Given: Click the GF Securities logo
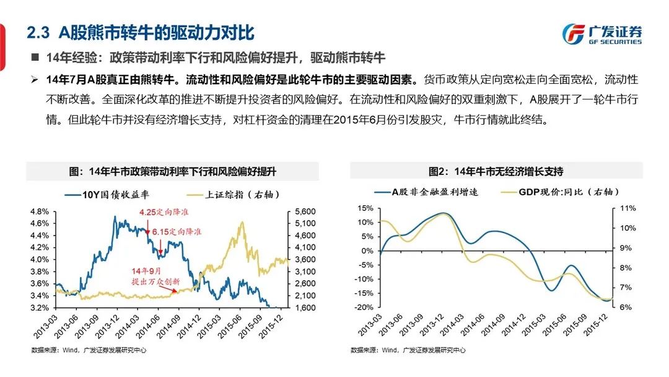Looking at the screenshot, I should [601, 34].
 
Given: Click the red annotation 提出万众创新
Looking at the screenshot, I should [157, 281].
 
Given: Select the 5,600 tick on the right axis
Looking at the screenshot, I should [302, 211].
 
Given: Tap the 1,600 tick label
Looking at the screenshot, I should [302, 308].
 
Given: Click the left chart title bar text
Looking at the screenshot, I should [172, 171].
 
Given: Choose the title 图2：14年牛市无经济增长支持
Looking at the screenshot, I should [496, 171].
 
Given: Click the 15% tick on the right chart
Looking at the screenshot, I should [365, 208].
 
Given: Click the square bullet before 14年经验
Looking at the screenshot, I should [35, 58].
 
